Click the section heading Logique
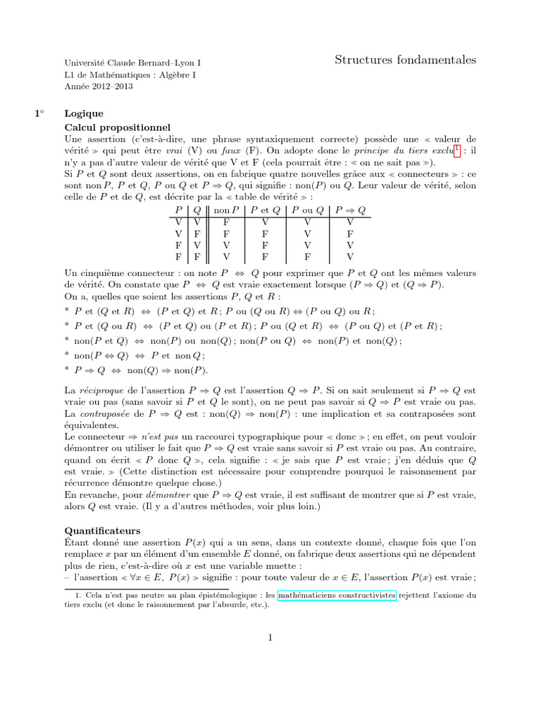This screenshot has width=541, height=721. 84,113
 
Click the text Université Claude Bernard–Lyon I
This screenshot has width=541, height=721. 128,62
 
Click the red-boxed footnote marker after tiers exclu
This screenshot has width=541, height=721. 457,150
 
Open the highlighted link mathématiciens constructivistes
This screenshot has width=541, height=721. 337,595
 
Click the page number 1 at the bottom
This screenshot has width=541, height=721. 270,638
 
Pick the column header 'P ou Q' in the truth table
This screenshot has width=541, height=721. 306,211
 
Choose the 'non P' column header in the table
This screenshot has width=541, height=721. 226,211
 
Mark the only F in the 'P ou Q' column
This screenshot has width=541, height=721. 306,256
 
